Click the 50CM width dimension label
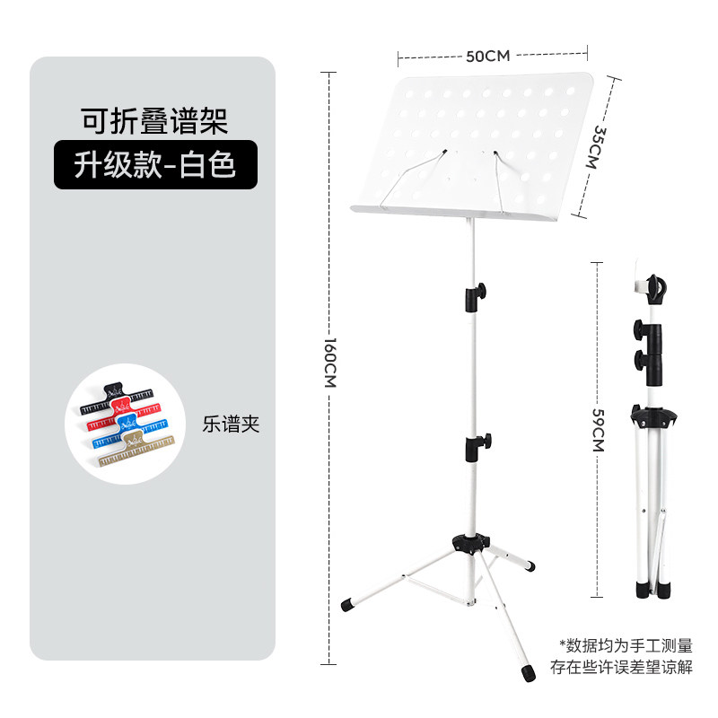click(487, 56)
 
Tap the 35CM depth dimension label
click(600, 146)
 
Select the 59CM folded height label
click(600, 430)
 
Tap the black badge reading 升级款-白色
click(155, 165)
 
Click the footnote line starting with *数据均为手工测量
click(626, 644)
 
